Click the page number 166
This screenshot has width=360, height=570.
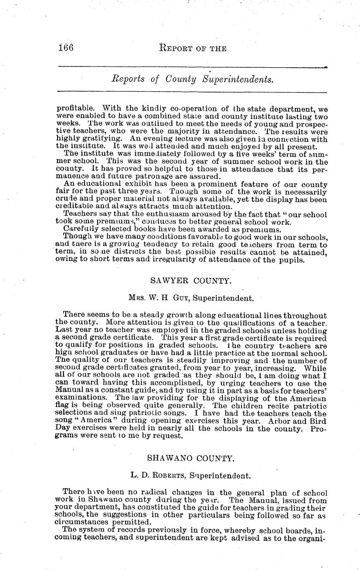click(x=66, y=48)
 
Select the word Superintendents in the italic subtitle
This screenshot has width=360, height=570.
click(x=238, y=79)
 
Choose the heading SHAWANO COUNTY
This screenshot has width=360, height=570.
click(x=191, y=458)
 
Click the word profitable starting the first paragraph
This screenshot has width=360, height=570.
click(x=73, y=109)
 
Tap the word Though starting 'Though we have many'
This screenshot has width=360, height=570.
click(x=75, y=237)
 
